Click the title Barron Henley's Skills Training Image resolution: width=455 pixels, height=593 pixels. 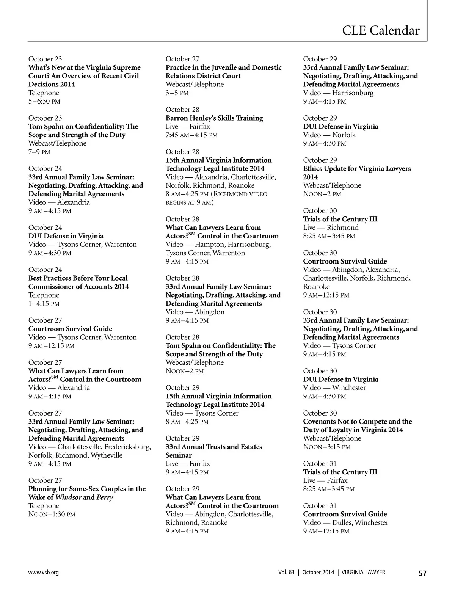[214, 118]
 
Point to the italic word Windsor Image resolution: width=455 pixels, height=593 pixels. [68, 497]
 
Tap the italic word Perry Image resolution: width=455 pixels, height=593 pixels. [105, 497]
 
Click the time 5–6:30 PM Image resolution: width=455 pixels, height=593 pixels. [44, 101]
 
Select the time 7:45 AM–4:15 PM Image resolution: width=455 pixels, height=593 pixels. [191, 135]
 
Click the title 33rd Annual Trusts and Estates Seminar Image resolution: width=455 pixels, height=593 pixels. [214, 451]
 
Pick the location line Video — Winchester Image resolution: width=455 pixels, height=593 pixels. [334, 387]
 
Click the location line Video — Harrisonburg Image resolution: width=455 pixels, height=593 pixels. [338, 93]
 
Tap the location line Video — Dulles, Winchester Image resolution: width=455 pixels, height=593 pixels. [345, 522]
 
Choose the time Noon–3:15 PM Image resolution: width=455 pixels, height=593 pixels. [327, 447]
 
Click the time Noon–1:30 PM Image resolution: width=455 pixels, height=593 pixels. [52, 514]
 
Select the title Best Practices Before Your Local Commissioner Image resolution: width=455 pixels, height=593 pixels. [78, 282]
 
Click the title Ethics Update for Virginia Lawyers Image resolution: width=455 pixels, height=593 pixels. [357, 173]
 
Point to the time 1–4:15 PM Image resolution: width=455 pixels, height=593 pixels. [44, 303]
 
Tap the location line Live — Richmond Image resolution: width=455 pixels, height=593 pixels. [331, 227]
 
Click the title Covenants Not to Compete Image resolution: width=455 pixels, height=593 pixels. [357, 425]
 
